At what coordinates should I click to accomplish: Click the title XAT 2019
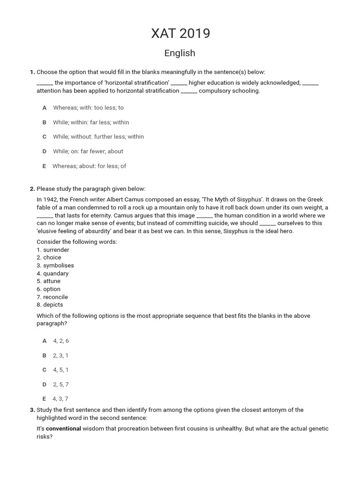coord(180,33)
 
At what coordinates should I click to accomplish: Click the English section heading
coord(180,53)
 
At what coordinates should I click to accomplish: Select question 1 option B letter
coord(45,122)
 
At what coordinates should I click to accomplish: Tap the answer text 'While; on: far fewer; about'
coord(88,151)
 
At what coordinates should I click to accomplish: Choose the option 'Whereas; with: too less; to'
coord(88,108)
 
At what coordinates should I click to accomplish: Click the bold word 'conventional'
coord(64,428)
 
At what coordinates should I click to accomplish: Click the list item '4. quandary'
coord(52,273)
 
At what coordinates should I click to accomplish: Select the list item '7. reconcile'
coord(52,297)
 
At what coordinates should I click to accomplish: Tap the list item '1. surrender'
coord(52,250)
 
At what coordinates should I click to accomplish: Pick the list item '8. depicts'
coord(50,305)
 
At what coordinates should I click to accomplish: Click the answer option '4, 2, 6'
coord(61,341)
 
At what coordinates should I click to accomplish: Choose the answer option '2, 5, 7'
coord(61,384)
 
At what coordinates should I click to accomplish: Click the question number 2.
coord(32,189)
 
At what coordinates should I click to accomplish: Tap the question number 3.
coord(32,410)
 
